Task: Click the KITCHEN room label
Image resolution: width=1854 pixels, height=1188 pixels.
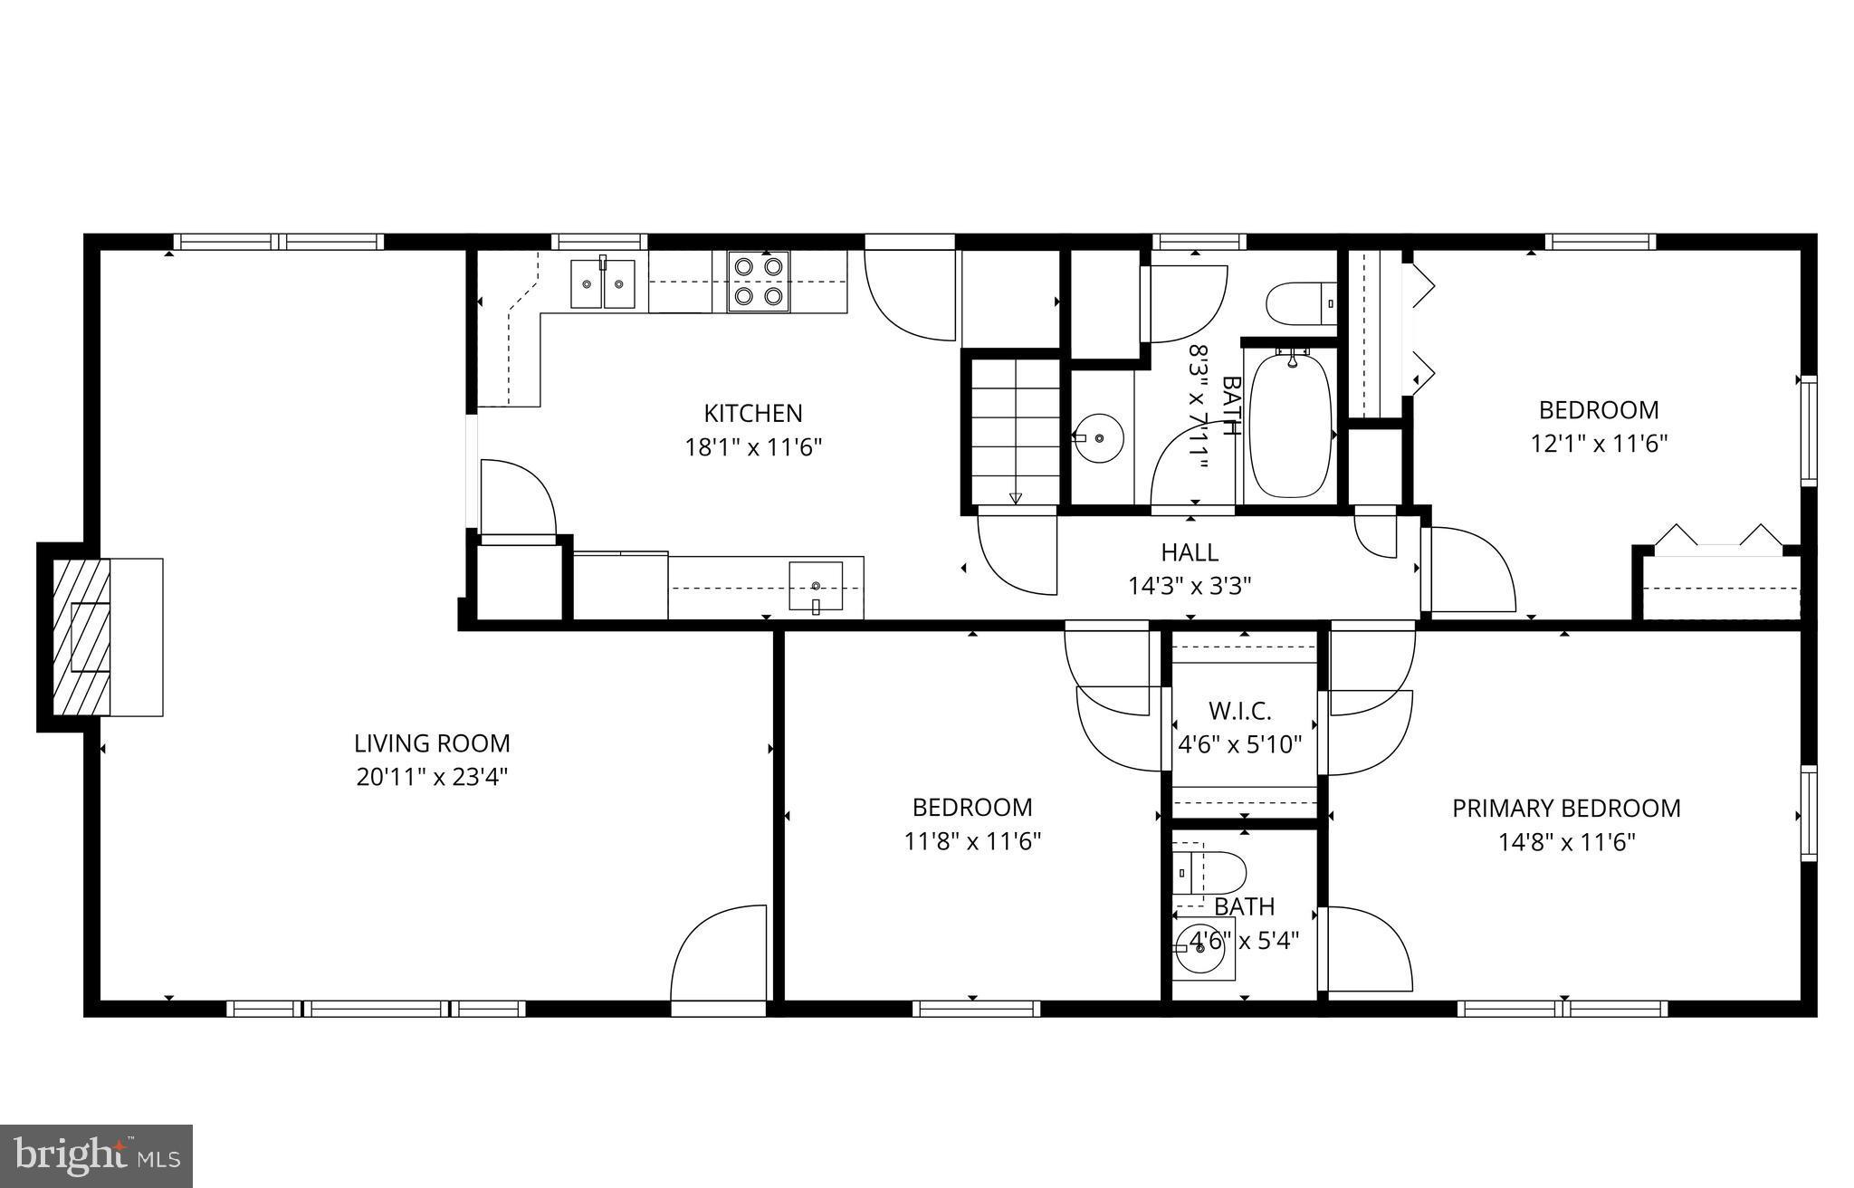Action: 753,414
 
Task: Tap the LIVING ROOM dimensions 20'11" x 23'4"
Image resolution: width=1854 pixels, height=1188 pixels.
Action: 432,777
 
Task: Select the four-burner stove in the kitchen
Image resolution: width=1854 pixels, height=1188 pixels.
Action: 759,282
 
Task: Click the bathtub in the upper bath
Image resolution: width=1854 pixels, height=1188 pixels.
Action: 1290,426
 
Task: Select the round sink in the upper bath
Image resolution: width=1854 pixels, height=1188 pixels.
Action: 1098,438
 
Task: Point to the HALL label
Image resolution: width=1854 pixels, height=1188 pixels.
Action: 1190,552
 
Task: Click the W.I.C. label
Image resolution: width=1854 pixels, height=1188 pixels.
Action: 1239,711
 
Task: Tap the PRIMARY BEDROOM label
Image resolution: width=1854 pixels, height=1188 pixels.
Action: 1566,809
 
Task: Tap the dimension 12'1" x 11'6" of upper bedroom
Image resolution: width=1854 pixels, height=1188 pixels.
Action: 1599,444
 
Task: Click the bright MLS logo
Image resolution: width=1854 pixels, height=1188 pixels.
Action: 96,1155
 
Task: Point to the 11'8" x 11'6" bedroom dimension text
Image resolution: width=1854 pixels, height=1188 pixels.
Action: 972,841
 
